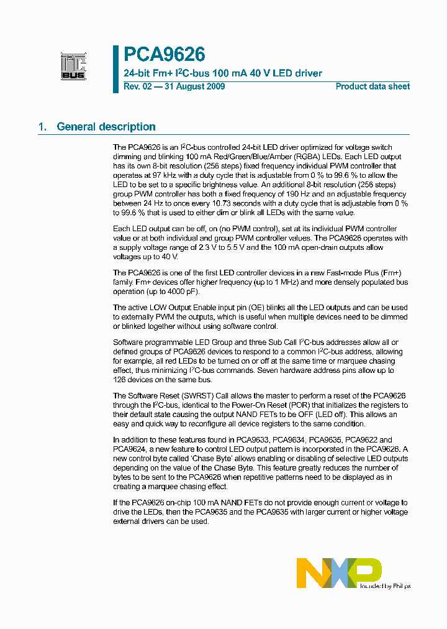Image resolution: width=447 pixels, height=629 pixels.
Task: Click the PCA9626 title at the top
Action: coord(165,55)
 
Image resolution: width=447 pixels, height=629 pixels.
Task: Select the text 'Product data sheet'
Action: coord(372,86)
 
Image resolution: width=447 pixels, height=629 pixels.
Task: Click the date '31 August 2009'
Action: coord(194,86)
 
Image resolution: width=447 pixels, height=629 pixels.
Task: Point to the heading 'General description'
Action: coord(106,127)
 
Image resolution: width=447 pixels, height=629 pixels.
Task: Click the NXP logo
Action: coord(339,572)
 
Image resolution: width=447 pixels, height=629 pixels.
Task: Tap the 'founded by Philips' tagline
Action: coord(386,585)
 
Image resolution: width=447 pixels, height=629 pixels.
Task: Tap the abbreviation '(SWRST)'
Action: coord(200,396)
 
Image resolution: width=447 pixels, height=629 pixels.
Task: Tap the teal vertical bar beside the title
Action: coord(115,69)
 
